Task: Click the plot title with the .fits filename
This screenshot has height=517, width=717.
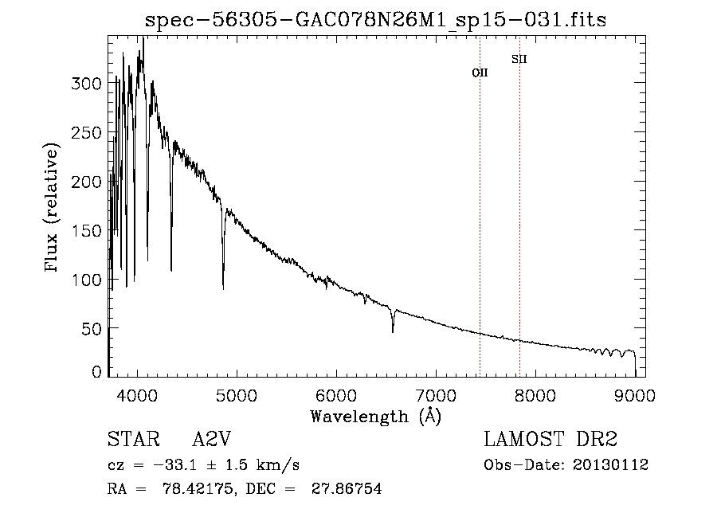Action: tap(375, 21)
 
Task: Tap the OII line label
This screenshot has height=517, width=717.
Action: tap(480, 72)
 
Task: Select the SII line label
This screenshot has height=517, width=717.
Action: tap(519, 59)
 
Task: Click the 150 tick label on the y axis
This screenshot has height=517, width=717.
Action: tap(88, 231)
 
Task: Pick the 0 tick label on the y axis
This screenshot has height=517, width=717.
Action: tap(97, 372)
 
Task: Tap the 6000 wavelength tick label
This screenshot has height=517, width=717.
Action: tap(336, 394)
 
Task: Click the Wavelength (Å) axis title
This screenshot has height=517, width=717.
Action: tap(375, 415)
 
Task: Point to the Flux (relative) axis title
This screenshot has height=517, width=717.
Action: tap(53, 209)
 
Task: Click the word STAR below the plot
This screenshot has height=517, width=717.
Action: tap(128, 440)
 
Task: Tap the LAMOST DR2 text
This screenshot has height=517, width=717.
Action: tap(550, 440)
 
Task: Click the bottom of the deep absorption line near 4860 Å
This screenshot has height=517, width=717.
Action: tap(223, 288)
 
